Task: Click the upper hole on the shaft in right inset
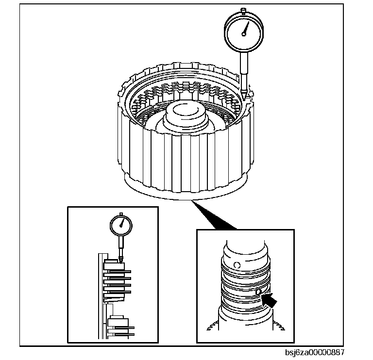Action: [237, 265]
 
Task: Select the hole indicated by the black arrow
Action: [258, 292]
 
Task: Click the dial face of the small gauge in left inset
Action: [121, 225]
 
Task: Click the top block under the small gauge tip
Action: [115, 264]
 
